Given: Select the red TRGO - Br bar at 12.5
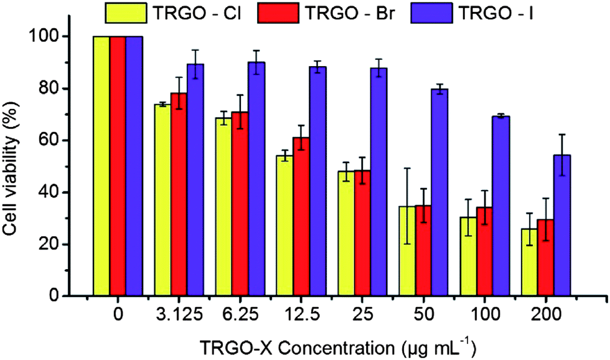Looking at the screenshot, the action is [x=301, y=217].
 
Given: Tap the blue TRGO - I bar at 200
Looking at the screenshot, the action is [x=561, y=225].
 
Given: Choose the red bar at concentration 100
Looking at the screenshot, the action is [x=485, y=252].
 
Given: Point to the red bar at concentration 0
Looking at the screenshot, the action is [x=118, y=166].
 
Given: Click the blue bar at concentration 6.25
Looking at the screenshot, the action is [x=256, y=179].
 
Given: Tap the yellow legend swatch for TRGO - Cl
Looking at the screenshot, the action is [x=126, y=13].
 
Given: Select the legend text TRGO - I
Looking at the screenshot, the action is [x=497, y=13].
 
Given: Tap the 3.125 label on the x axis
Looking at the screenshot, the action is [x=179, y=314].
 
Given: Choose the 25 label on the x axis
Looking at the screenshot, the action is [x=362, y=314].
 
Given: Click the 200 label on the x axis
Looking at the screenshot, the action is [x=545, y=314].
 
